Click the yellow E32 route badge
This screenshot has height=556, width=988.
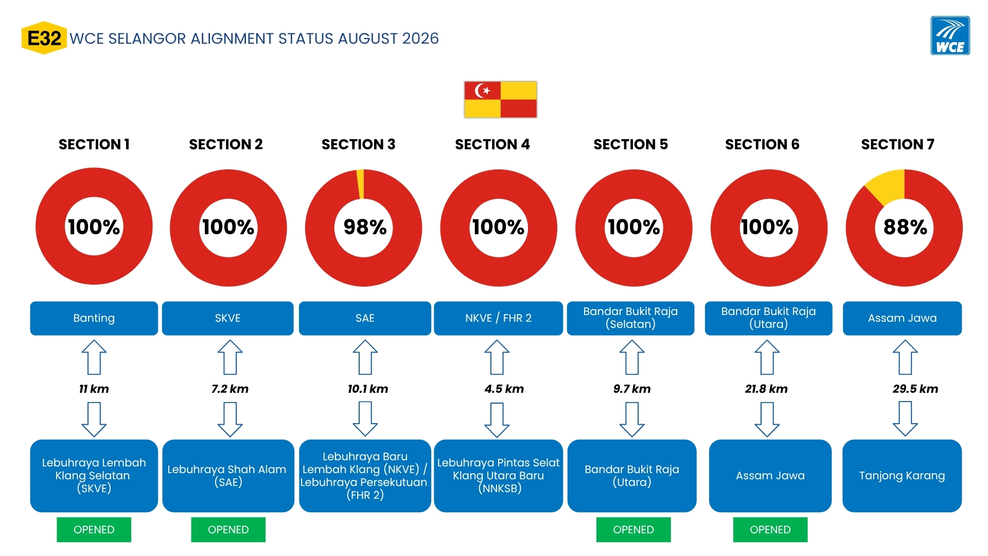click(x=44, y=38)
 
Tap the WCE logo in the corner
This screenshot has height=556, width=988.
click(x=950, y=36)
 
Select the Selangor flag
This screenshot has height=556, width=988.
click(x=500, y=99)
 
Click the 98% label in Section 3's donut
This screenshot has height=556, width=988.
click(x=365, y=227)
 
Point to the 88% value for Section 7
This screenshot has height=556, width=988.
click(x=905, y=227)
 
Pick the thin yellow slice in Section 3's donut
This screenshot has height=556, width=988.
click(x=360, y=184)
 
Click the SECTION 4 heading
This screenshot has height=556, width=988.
click(x=492, y=144)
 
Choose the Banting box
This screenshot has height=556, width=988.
click(x=94, y=318)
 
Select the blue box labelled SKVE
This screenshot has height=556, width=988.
click(x=227, y=318)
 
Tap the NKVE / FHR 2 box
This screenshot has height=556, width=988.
click(x=498, y=318)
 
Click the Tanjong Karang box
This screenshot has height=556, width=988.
click(x=902, y=476)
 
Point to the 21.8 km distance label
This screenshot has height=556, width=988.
click(x=766, y=389)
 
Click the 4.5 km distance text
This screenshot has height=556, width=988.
click(x=504, y=389)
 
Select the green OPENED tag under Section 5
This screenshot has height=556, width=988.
click(x=633, y=530)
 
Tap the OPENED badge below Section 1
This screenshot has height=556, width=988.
click(x=94, y=530)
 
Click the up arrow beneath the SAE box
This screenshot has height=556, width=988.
click(x=365, y=357)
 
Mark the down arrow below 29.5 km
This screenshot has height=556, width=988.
click(x=905, y=419)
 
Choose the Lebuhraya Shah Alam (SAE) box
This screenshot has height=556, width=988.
click(x=228, y=476)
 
